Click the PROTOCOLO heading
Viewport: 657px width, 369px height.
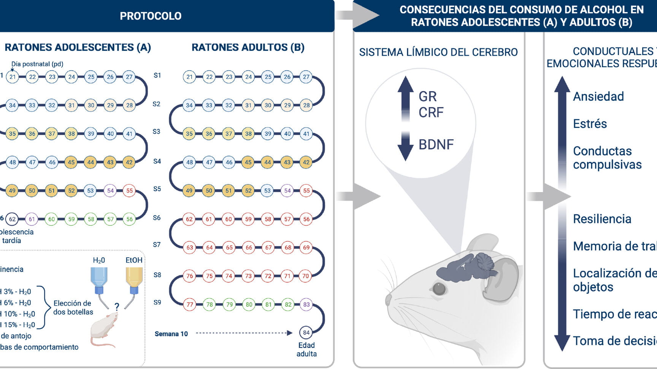pos(151,16)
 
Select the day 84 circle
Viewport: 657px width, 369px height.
pos(306,333)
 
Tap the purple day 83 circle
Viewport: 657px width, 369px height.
pos(306,304)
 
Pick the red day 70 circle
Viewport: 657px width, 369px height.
pos(306,276)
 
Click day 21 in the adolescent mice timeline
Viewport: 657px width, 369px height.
pos(13,77)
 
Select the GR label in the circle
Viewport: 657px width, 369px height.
pos(428,96)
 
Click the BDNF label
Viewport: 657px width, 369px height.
pos(436,145)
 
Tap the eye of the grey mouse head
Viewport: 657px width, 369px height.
pos(440,289)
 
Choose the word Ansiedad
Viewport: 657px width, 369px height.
pos(598,96)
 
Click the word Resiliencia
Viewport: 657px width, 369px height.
pos(602,219)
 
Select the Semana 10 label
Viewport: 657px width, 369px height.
pos(171,334)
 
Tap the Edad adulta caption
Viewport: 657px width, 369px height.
pos(306,349)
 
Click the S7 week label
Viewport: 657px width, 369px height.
pos(157,245)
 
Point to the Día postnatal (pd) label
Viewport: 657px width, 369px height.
pos(37,64)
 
